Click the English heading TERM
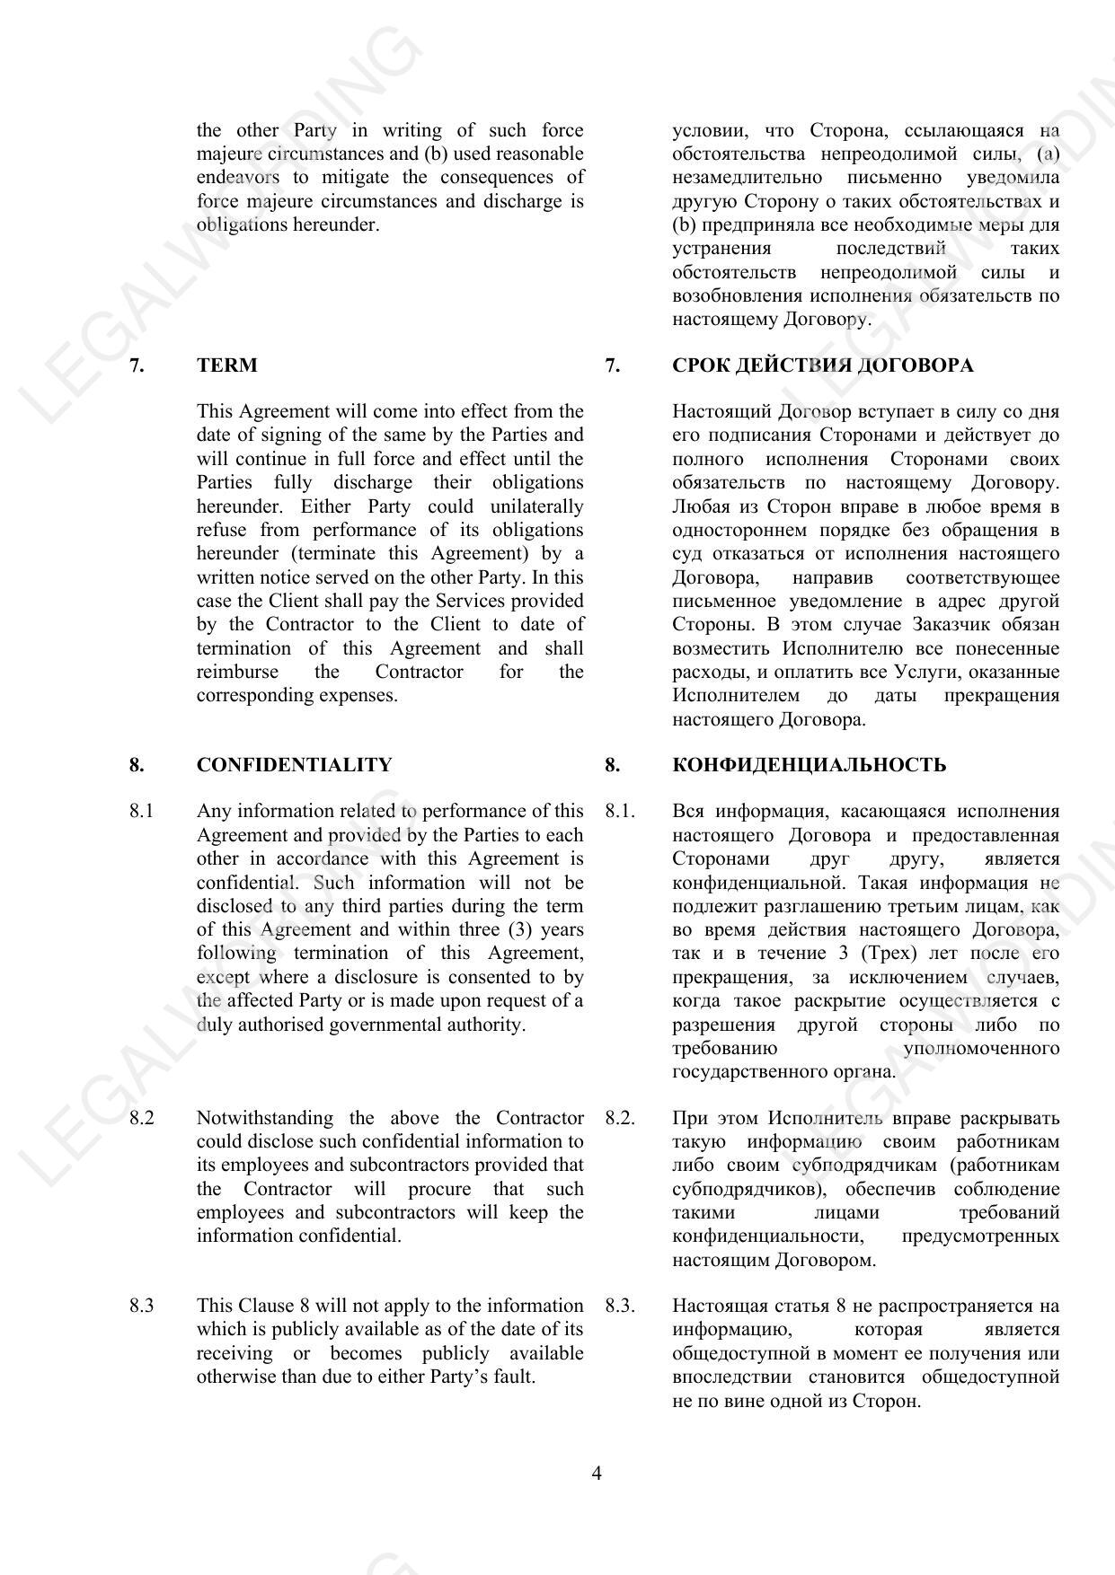226,365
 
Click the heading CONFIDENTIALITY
294,765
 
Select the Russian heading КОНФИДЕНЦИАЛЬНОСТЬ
809,765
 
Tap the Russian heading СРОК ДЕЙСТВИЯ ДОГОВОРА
822,365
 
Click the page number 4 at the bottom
597,1474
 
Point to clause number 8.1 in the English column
141,812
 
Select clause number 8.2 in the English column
141,1118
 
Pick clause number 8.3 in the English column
141,1306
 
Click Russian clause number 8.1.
620,812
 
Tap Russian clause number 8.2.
620,1118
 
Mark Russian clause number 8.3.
620,1306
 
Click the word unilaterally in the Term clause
536,506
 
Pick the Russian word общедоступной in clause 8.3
732,1353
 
